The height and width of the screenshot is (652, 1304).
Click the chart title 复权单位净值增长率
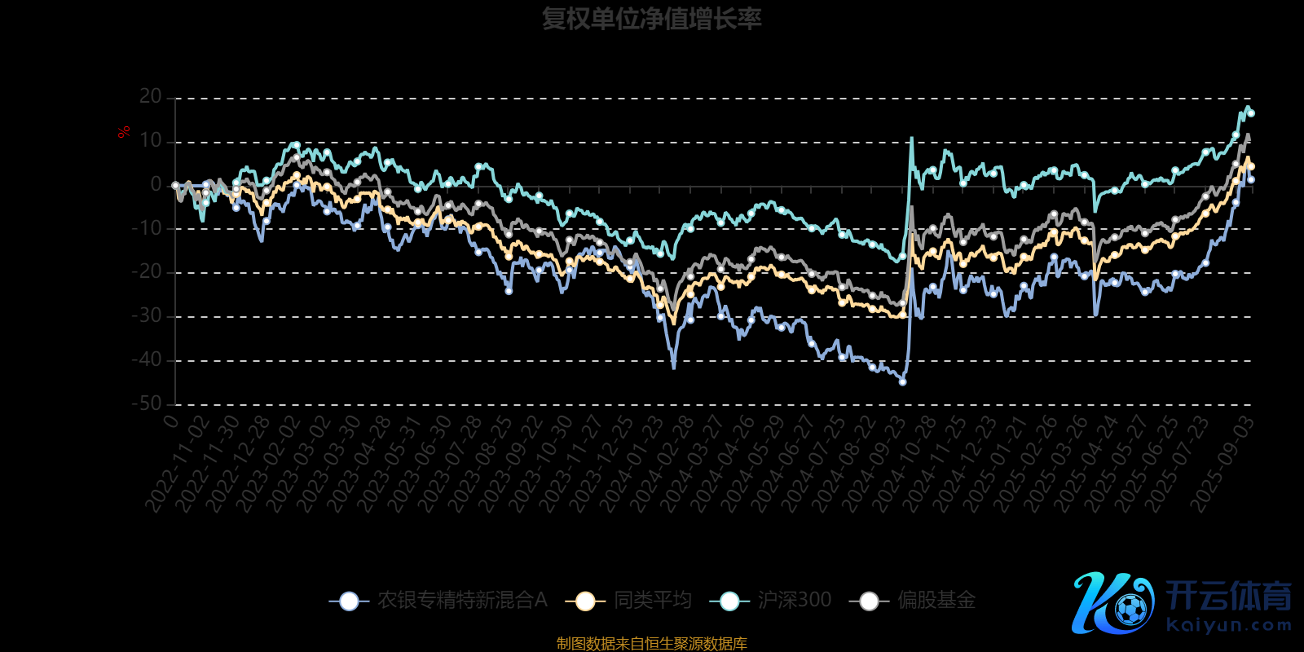651,19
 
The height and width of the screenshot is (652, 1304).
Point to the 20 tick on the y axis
151,97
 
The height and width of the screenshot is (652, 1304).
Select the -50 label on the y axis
147,403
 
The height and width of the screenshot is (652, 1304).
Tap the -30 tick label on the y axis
147,316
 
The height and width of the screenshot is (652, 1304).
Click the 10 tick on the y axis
151,141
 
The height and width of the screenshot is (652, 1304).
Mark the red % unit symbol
124,132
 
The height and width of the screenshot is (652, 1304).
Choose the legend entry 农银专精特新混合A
462,601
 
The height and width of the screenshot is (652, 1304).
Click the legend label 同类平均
653,601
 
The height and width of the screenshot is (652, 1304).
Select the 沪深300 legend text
795,601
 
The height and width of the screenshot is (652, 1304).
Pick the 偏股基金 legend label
936,601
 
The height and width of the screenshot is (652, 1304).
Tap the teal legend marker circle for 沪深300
729,601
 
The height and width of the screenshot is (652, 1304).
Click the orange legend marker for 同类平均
585,601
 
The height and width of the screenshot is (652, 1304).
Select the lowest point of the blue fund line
902,381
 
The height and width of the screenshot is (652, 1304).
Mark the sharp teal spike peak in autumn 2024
911,139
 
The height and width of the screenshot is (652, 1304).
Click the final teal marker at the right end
1251,113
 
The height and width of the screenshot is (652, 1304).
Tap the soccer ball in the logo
1130,609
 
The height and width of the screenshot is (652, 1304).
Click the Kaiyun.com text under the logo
1229,626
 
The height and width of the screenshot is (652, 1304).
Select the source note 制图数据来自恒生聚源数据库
651,644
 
